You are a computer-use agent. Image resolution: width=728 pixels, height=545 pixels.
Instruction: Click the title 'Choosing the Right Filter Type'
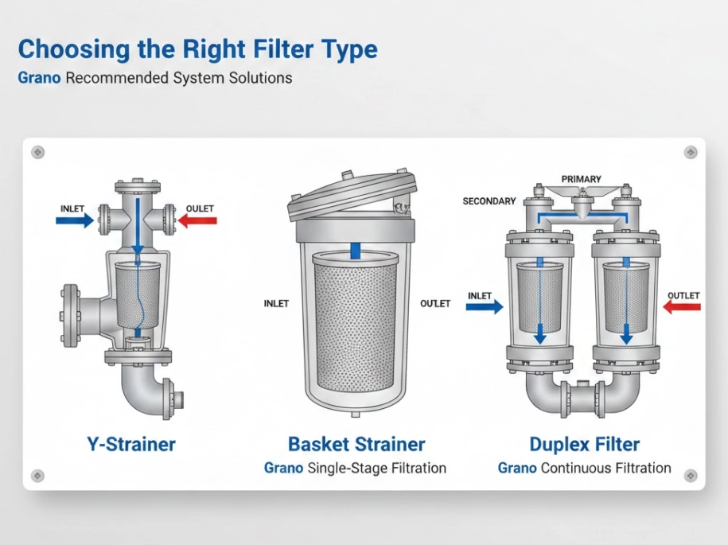click(197, 49)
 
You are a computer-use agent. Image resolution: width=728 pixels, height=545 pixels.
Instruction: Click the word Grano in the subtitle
click(39, 79)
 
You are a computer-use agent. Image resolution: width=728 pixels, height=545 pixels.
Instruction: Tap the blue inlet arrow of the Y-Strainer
click(75, 221)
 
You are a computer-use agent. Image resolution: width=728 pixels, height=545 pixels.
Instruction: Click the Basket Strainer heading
click(356, 444)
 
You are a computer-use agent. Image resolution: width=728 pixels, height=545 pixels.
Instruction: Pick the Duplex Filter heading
click(584, 444)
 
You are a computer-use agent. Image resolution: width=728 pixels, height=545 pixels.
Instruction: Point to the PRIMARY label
click(581, 179)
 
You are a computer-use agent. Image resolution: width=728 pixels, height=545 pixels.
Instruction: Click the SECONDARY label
click(489, 201)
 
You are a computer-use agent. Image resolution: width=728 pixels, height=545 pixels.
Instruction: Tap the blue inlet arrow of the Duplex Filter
click(485, 307)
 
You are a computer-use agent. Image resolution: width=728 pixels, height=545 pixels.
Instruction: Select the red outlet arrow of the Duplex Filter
click(682, 307)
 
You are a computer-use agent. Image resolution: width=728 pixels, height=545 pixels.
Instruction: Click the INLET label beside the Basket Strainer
click(276, 304)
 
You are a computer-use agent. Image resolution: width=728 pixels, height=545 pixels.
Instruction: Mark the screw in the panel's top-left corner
click(37, 152)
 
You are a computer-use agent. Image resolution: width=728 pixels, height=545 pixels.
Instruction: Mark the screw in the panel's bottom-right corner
click(690, 476)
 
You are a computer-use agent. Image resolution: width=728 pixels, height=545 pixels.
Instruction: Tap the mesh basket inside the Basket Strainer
click(356, 326)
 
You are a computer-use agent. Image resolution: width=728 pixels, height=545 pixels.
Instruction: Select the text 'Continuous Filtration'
click(605, 469)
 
